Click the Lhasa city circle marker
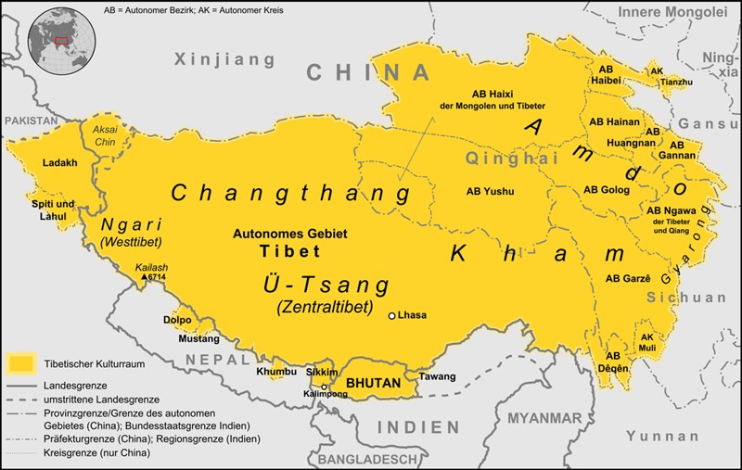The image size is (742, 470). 392,316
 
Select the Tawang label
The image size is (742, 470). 439,376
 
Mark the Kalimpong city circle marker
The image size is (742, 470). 324,386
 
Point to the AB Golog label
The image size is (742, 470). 607,190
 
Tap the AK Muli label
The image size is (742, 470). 648,342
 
